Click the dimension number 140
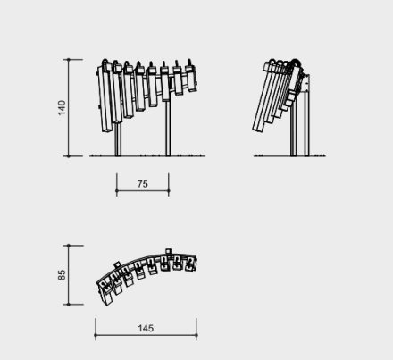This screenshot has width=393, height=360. pos(62,108)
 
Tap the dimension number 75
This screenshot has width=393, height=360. pos(143,184)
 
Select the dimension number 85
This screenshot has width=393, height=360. pos(62,275)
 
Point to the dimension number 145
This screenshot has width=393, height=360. pos(146,328)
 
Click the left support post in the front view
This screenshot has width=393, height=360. pos(118,138)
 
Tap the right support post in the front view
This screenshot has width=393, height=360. pos(168,128)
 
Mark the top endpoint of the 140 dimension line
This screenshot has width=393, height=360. pos(69,60)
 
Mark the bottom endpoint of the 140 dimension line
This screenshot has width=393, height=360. pos(69,156)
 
